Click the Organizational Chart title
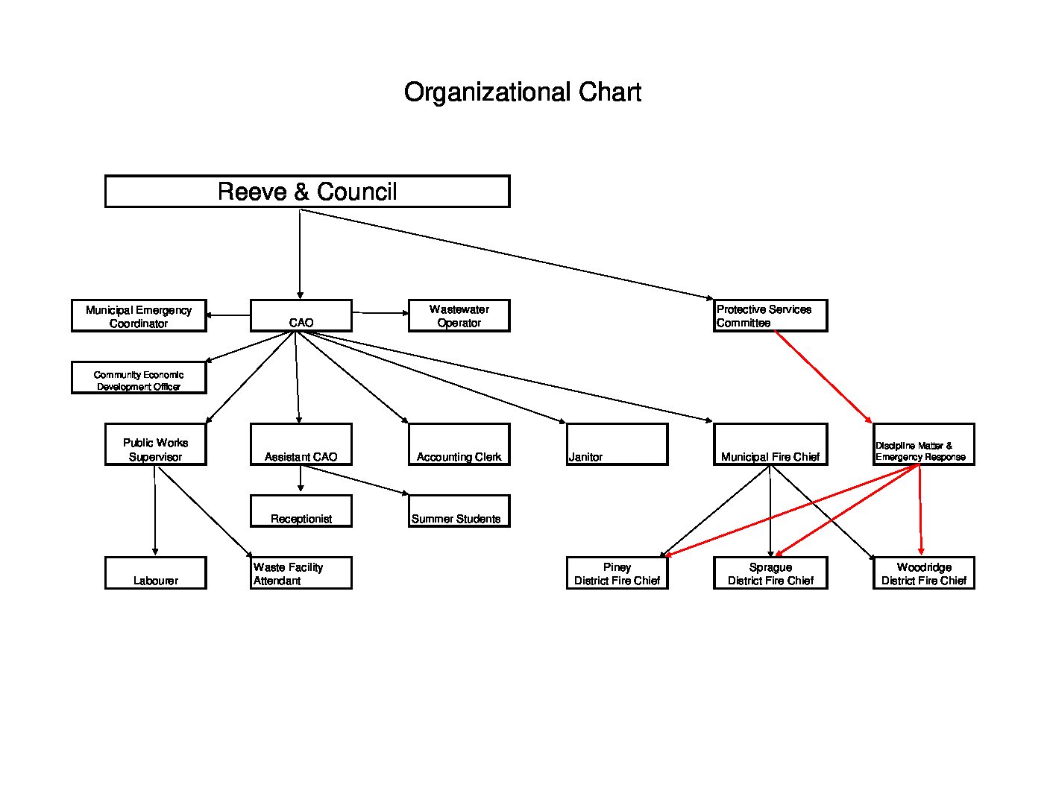[522, 92]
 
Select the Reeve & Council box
[307, 192]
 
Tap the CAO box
[301, 315]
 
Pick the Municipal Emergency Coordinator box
[139, 315]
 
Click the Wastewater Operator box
[459, 315]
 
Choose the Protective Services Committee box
[770, 315]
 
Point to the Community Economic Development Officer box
[139, 377]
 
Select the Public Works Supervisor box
[156, 444]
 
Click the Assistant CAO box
[301, 444]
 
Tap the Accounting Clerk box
[459, 444]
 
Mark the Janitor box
[617, 444]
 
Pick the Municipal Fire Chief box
[770, 444]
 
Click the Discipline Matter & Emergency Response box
[923, 444]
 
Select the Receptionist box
[301, 511]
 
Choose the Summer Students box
[459, 511]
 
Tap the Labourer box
[156, 573]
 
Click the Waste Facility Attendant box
[301, 573]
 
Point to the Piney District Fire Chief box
[617, 573]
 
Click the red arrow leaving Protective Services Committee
[823, 376]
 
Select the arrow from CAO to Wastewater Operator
[380, 313]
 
